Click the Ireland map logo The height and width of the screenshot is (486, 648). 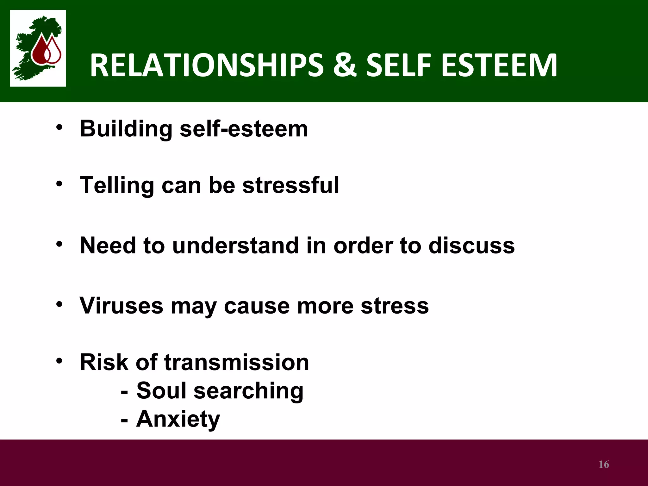(x=38, y=48)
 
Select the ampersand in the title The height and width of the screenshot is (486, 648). (x=345, y=65)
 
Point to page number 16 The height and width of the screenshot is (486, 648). (x=604, y=464)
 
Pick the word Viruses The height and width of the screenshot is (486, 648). (x=121, y=306)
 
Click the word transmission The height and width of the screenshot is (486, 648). (x=236, y=362)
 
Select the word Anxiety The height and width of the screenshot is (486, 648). (x=178, y=419)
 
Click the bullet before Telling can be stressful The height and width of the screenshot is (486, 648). (x=59, y=184)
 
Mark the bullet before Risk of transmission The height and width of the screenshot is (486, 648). (x=59, y=361)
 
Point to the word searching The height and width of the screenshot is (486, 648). (x=248, y=391)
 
